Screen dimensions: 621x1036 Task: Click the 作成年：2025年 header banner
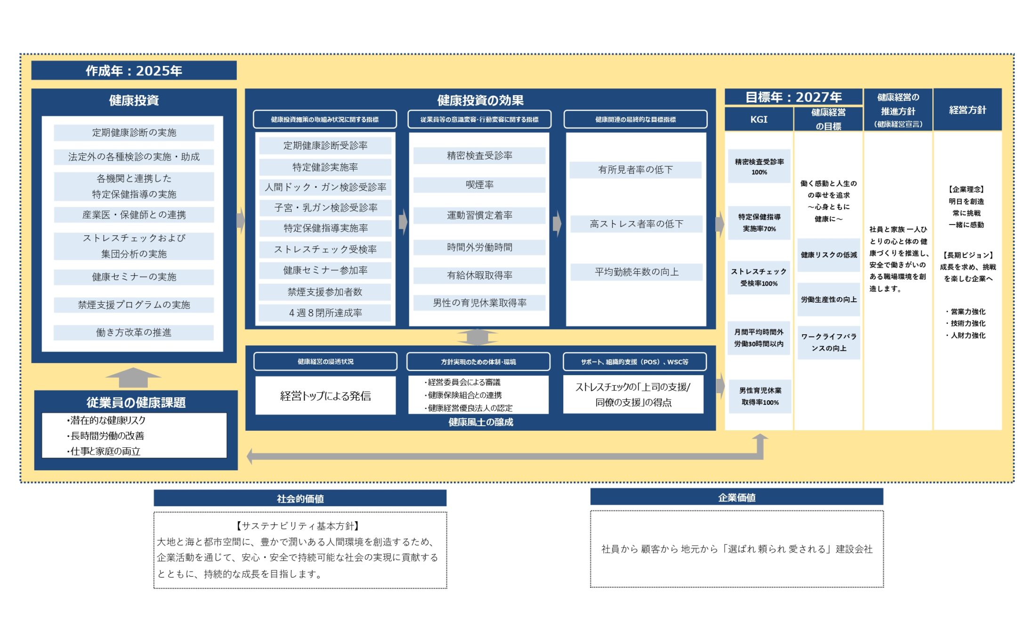coord(134,71)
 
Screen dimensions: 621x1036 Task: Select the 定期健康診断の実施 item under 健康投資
coord(134,133)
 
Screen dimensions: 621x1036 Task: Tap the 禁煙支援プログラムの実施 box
coord(134,305)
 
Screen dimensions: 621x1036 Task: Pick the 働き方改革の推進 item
coord(134,333)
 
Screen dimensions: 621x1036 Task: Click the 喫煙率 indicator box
coord(479,185)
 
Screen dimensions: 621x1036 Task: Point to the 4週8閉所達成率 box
coord(325,313)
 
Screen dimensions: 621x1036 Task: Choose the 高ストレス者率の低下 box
coord(636,224)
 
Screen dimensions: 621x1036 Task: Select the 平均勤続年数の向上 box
coord(636,272)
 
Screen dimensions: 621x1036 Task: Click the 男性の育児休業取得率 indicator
coord(479,303)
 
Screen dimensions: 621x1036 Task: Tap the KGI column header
coord(759,120)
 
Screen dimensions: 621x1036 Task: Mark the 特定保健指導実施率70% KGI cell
coord(759,223)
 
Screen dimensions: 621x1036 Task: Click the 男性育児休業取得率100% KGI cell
coord(760,396)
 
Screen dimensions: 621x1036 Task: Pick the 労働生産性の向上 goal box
coord(829,299)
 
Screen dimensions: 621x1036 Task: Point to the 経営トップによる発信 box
coord(325,396)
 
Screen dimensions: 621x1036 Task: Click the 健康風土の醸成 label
coord(480,422)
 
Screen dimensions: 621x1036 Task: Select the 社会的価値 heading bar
coord(300,499)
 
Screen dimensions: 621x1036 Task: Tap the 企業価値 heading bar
coord(737,498)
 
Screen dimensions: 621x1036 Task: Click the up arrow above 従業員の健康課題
coord(133,377)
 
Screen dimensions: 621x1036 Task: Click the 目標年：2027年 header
coord(793,97)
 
